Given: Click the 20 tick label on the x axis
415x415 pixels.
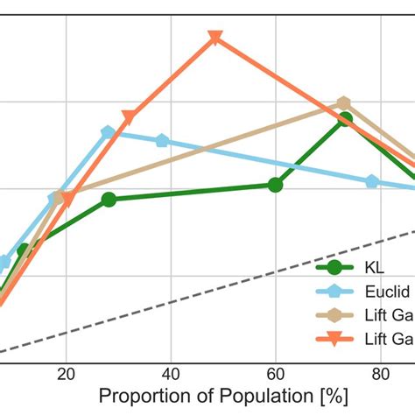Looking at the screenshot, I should (x=66, y=370).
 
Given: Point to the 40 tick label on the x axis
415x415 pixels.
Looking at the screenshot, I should (x=172, y=370).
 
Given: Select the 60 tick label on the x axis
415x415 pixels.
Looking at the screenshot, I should (x=276, y=370).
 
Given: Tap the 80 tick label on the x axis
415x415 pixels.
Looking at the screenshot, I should (x=381, y=370).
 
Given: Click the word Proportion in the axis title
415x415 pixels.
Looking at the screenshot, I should (x=144, y=396).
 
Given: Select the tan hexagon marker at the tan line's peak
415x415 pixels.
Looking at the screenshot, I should (x=344, y=104).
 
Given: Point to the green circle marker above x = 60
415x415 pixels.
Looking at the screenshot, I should (x=275, y=185).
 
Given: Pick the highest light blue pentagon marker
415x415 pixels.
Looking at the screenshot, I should (x=109, y=132).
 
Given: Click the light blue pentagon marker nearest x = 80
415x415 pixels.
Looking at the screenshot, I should (x=372, y=181).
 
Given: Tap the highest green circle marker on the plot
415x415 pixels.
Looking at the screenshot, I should (x=345, y=119).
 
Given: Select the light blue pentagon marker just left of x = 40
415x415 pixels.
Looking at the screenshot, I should (x=162, y=141).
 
